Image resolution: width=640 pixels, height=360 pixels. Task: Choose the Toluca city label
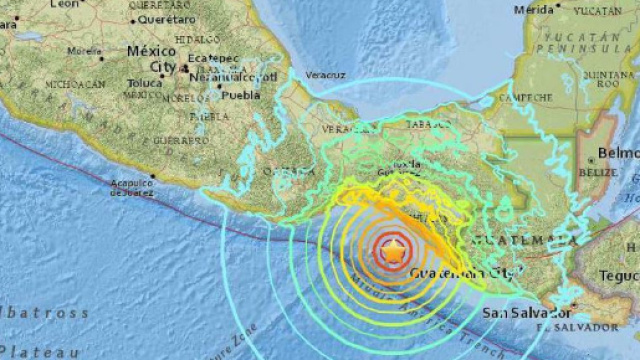point(145,83)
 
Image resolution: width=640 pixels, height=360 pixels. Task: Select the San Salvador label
point(514,312)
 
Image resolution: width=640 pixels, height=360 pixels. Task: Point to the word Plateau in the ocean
point(30,351)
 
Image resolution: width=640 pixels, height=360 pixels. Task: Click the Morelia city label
point(86,51)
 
